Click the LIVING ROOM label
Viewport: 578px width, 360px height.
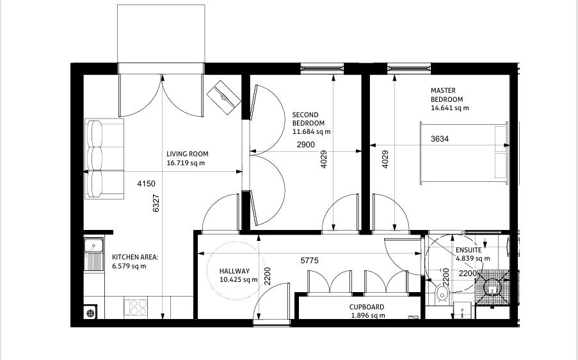tap(187, 154)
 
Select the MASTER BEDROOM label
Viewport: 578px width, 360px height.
tap(447, 95)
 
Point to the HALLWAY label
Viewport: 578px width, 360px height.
tap(234, 272)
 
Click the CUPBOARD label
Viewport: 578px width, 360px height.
tap(367, 307)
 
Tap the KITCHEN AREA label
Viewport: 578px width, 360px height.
tap(135, 257)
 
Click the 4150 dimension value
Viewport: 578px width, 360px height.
tap(146, 184)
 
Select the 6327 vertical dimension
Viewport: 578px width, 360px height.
tap(156, 204)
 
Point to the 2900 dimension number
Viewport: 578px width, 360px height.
tap(305, 145)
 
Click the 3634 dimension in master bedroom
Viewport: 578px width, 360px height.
tap(440, 138)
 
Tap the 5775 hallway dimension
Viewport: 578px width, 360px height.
tap(310, 261)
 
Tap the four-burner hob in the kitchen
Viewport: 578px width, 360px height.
tap(136, 307)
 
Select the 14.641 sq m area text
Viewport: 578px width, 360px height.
tap(449, 108)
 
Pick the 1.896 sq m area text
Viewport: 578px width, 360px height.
tap(367, 315)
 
